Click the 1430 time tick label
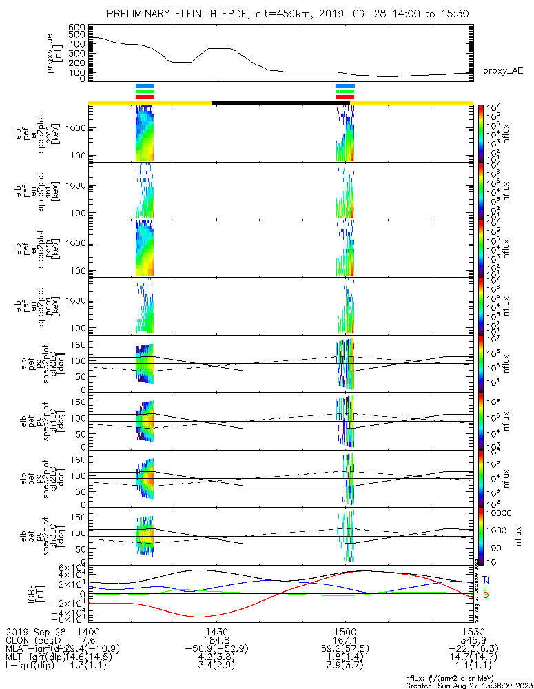(x=216, y=631)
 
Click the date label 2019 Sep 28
(x=34, y=631)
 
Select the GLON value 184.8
(x=216, y=640)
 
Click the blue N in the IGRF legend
(x=486, y=580)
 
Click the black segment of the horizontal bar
(x=280, y=103)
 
